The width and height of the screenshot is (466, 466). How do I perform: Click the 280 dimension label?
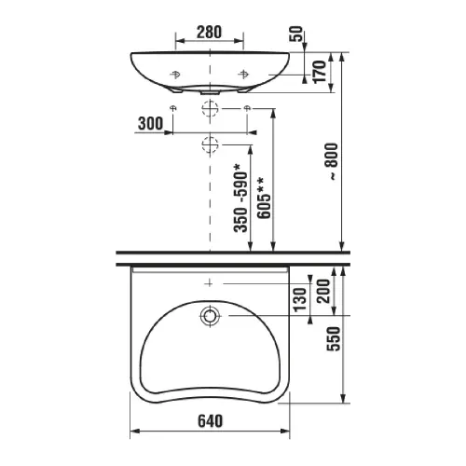tap(209, 32)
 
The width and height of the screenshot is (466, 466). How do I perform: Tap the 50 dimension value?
tap(296, 34)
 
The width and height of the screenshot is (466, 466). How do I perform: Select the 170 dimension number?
tap(320, 72)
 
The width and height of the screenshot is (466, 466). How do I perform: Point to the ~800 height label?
tap(334, 161)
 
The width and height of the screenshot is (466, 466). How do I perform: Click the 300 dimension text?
tap(150, 123)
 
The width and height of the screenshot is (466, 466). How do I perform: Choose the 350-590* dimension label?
tap(241, 199)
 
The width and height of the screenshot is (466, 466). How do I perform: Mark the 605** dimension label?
tap(264, 199)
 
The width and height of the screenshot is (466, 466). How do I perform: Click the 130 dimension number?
tap(300, 300)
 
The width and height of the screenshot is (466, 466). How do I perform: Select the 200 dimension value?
tap(323, 291)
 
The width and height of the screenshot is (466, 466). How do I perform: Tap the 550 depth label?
tap(334, 338)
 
